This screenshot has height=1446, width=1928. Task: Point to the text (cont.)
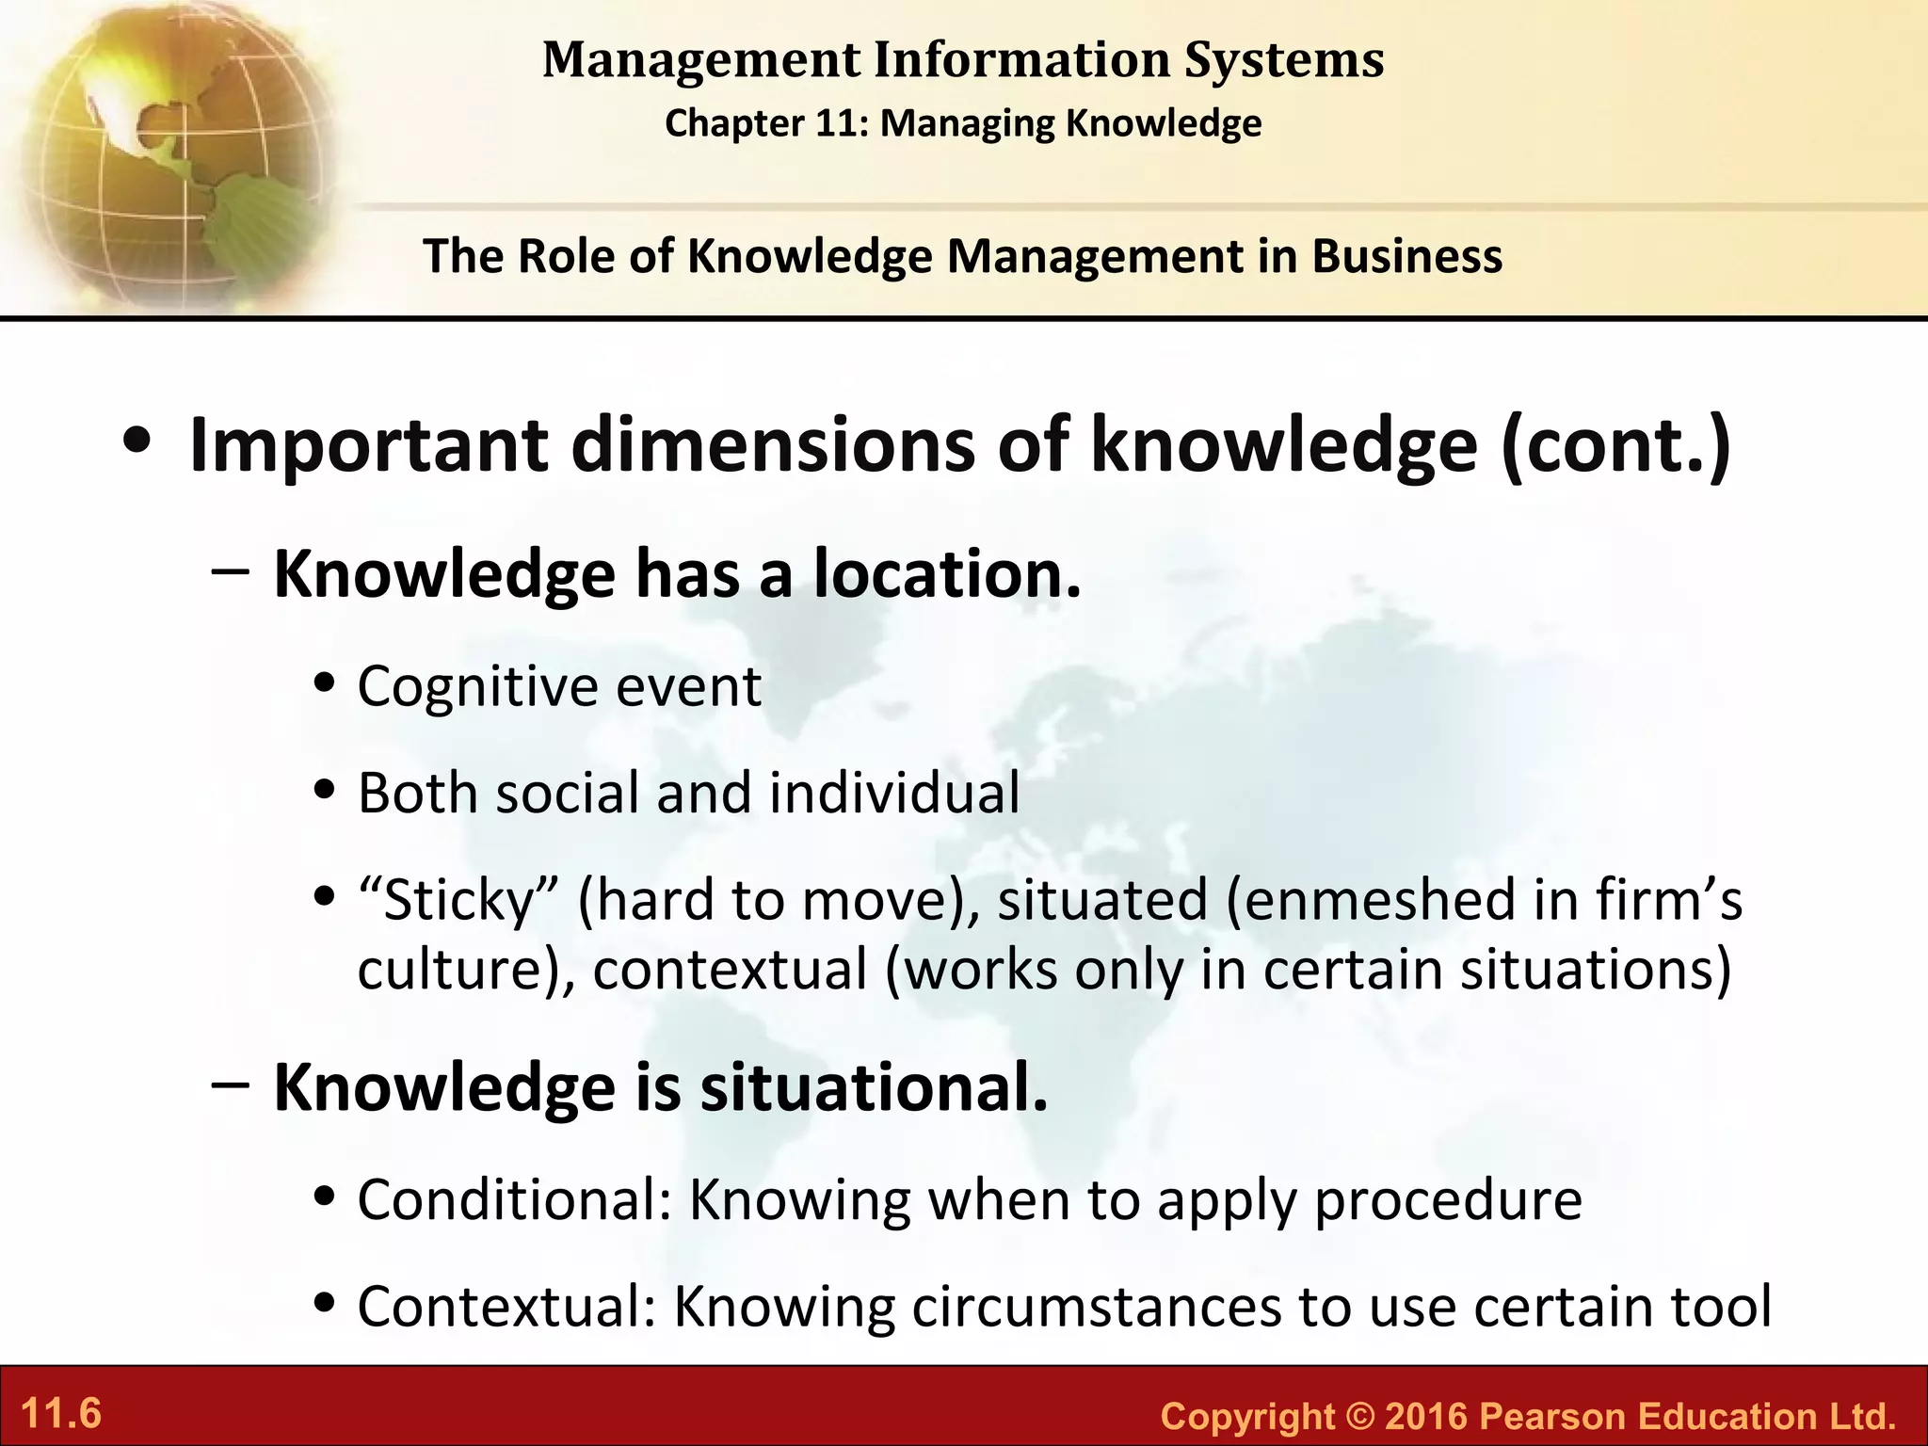point(1615,445)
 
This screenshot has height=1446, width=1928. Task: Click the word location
point(947,573)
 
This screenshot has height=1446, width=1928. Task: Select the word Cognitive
point(476,687)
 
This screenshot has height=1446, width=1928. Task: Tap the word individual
point(894,793)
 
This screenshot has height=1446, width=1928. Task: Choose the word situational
point(873,1087)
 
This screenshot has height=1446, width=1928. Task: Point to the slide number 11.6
point(61,1414)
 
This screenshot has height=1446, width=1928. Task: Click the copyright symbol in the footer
point(1359,1417)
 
